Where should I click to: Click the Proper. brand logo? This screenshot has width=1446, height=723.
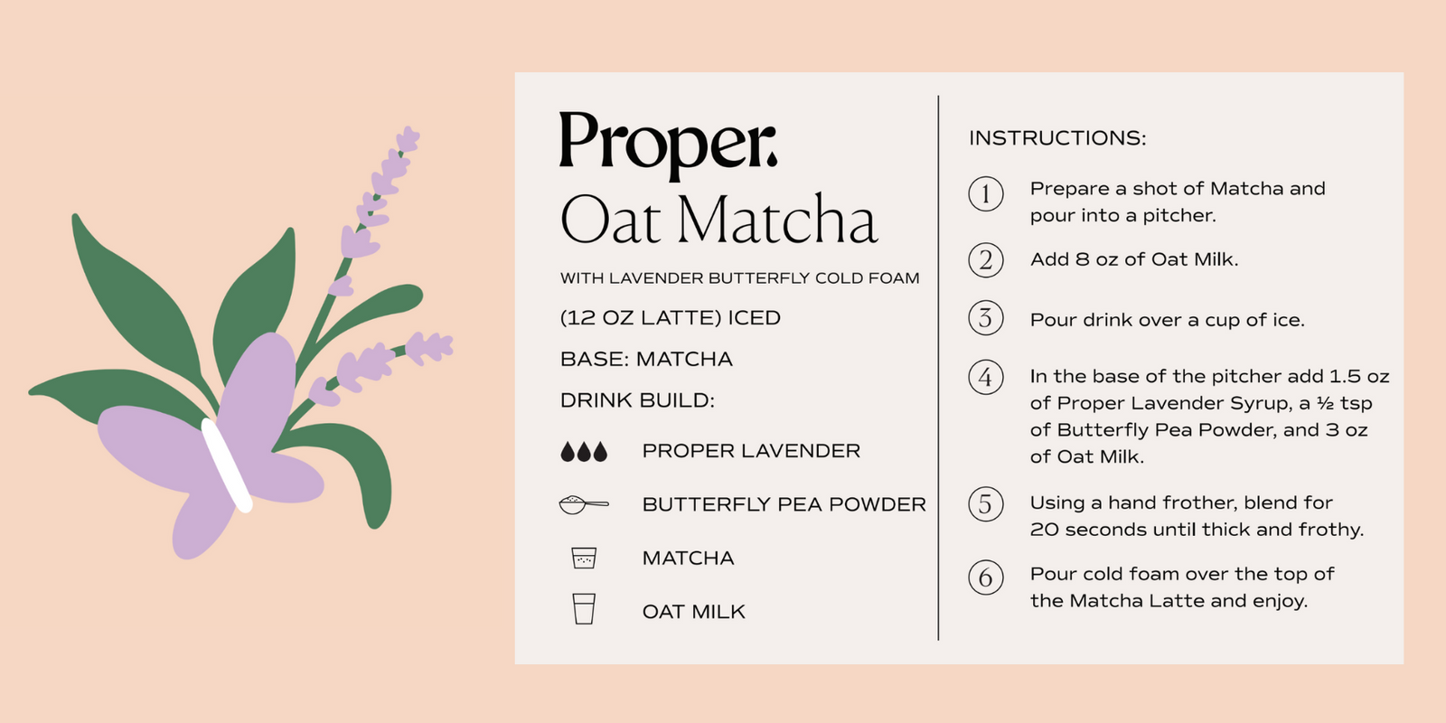668,145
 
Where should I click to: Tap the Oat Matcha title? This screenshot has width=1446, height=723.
718,219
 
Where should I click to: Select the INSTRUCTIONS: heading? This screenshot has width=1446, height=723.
1057,138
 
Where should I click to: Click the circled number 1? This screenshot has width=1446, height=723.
986,193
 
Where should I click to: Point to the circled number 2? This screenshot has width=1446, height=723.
986,260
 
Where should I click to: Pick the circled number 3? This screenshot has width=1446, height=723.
986,317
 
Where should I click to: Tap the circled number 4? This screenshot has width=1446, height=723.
986,377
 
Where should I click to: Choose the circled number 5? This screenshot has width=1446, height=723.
986,504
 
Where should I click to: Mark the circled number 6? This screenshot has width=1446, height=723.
986,577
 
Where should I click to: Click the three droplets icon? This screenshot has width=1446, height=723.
584,452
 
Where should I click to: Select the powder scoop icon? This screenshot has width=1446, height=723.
584,504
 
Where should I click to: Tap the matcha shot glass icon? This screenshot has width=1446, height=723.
584,558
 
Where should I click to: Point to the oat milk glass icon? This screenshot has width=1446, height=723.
584,609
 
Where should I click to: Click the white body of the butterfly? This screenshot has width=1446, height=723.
226,465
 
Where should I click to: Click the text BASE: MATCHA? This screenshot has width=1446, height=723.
646,360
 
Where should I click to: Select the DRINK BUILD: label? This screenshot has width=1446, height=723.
637,401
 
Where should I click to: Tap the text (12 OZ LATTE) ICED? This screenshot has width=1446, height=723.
670,318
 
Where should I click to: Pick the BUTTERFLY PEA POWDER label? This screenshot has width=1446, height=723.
784,504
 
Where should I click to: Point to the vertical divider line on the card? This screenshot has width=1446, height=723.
938,368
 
